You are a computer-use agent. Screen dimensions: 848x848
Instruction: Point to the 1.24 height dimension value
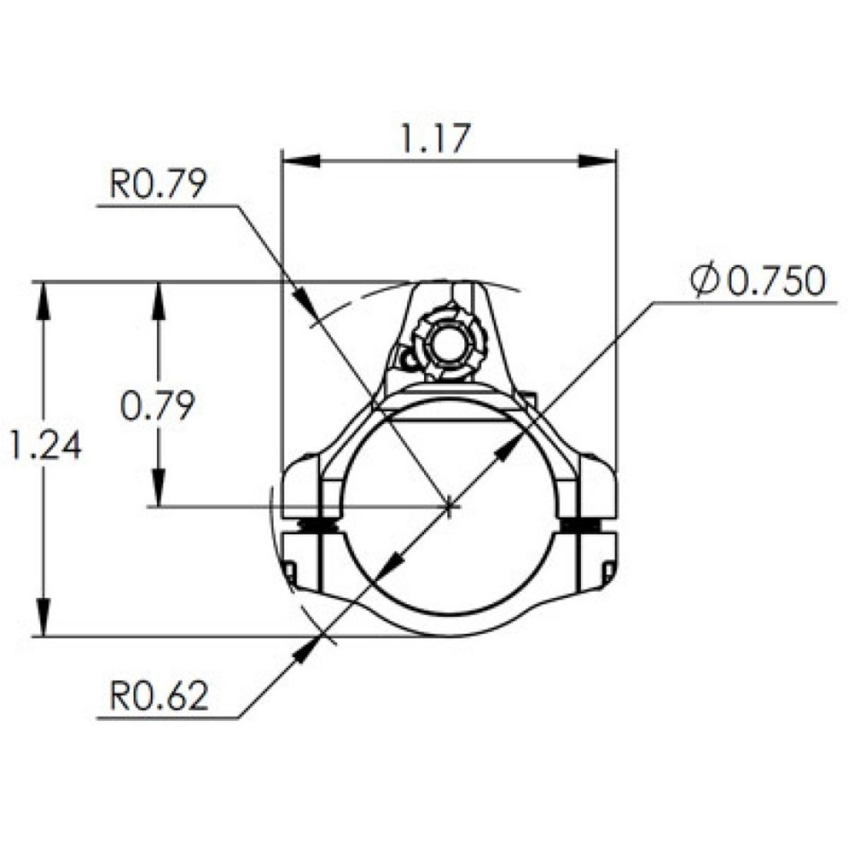(46, 444)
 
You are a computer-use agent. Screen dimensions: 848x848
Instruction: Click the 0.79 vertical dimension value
(158, 406)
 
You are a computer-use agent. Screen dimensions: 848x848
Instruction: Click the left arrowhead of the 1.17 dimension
(300, 160)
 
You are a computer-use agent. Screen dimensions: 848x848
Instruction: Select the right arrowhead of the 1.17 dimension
(596, 160)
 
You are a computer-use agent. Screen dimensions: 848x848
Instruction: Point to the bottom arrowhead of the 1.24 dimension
(43, 616)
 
